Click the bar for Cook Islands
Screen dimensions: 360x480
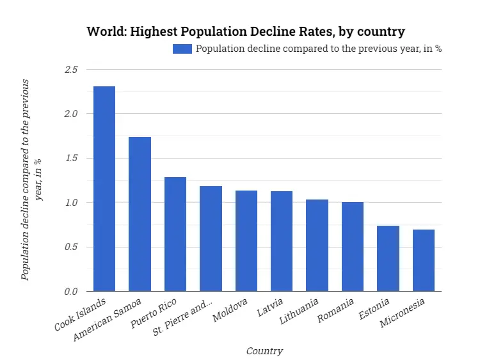[104, 189]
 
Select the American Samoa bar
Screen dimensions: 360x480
[140, 214]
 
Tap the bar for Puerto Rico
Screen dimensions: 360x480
[175, 234]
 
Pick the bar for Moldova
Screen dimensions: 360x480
[246, 241]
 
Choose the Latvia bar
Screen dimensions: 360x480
[282, 241]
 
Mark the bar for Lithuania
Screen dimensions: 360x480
[317, 246]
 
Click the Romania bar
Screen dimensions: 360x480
[353, 247]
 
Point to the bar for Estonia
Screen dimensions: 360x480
[388, 258]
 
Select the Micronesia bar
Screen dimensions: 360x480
[424, 260]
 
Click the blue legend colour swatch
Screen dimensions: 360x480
[182, 49]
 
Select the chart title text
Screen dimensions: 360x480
[246, 31]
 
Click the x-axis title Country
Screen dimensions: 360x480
[264, 351]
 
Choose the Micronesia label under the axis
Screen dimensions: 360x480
[407, 312]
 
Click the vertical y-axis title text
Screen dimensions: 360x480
[32, 180]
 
